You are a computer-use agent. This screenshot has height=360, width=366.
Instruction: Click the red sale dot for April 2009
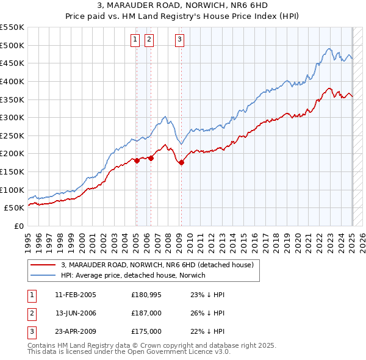pyautogui.click(x=181, y=162)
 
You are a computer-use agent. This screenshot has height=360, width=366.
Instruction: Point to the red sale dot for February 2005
pyautogui.click(x=137, y=160)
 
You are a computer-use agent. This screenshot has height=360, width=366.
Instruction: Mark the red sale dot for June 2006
pyautogui.click(x=151, y=158)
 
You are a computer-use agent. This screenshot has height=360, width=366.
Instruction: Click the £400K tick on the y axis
pyautogui.click(x=13, y=81)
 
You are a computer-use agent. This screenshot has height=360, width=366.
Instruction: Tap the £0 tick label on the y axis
pyautogui.click(x=20, y=226)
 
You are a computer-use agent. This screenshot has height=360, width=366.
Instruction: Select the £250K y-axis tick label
pyautogui.click(x=13, y=135)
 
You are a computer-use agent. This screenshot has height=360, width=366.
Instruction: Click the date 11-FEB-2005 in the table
pyautogui.click(x=76, y=295)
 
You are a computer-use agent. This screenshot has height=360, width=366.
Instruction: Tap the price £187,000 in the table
pyautogui.click(x=146, y=313)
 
